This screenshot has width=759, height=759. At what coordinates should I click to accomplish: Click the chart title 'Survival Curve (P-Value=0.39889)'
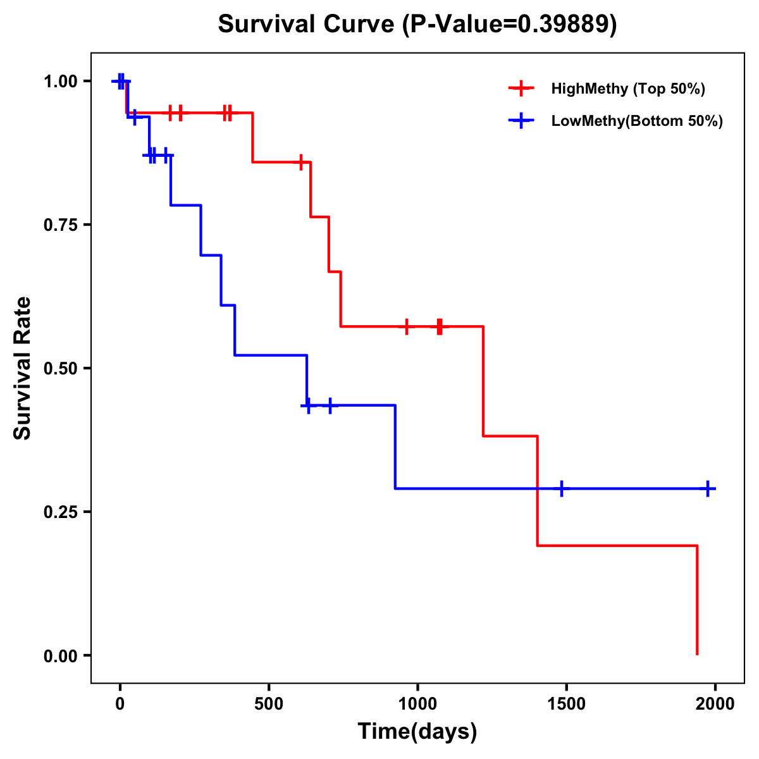417,24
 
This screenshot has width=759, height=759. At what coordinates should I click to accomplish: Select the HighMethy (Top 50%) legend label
627,89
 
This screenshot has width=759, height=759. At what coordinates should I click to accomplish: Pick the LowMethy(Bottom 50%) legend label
636,121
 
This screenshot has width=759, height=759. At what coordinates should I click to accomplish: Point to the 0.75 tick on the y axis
62,225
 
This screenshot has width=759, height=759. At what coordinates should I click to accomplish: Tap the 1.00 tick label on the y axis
62,81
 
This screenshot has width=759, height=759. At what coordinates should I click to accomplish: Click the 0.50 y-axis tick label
62,368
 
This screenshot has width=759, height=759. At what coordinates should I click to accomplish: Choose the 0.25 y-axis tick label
62,512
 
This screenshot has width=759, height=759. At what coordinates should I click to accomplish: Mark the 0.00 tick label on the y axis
62,655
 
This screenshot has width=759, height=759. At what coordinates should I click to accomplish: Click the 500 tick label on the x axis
269,704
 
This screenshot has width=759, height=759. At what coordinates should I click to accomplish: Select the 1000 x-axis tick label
417,704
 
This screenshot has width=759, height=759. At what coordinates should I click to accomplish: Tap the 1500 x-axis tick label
566,704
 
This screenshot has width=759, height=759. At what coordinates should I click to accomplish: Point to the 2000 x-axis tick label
715,704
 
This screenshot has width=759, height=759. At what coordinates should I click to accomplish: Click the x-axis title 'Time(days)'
417,732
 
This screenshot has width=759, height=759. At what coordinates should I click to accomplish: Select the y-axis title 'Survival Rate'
23,367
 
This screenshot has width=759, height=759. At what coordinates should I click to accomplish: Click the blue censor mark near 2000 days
708,489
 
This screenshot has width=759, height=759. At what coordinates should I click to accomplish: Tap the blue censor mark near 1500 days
561,489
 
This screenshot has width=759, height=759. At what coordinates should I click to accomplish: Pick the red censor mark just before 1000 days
406,326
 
